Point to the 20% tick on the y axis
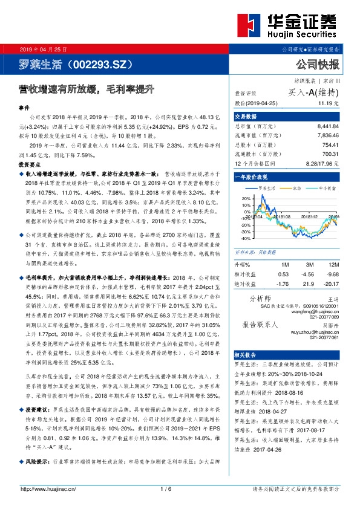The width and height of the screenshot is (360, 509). click(x=245, y=198)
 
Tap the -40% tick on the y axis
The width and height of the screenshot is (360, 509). click(x=244, y=231)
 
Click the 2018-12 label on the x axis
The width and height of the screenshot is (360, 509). click(x=309, y=216)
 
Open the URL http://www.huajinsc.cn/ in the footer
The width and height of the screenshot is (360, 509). click(x=48, y=490)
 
